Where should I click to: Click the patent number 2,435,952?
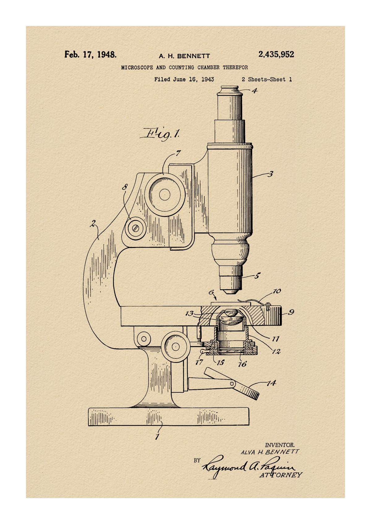276,55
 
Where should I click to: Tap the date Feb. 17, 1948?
90,55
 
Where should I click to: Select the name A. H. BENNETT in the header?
184,56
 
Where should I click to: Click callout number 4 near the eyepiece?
254,90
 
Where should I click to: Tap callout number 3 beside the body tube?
271,174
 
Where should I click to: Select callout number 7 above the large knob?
178,153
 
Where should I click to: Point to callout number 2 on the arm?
93,224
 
